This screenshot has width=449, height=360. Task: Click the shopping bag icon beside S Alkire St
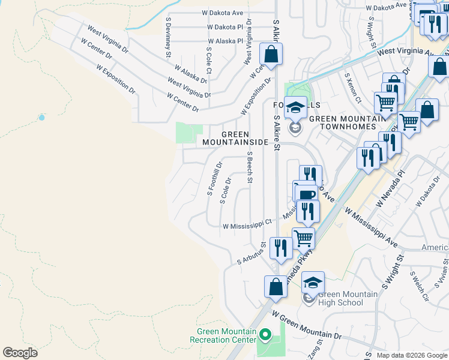click(271, 55)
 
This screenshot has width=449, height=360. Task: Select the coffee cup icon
click(306, 194)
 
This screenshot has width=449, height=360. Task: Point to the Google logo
click(20, 352)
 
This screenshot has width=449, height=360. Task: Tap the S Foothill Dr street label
click(214, 178)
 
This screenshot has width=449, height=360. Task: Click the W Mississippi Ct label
click(247, 227)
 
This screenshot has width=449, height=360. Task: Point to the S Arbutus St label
click(252, 254)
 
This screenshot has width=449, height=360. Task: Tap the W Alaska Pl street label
click(226, 41)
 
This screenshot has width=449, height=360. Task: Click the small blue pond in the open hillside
click(41, 118)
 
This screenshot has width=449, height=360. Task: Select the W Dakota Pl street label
click(225, 27)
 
